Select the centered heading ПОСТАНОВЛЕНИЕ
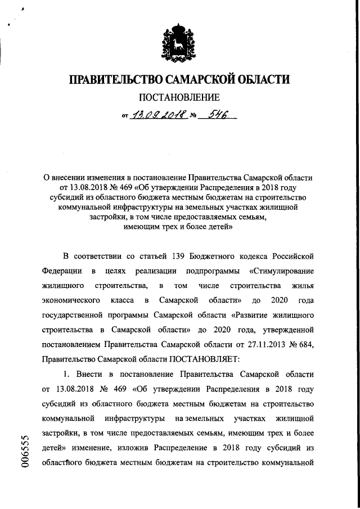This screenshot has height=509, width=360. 179,99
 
